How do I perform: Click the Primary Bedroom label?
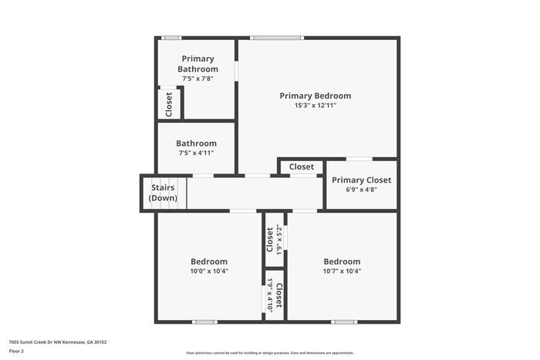click(315, 96)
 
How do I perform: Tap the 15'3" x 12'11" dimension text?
click(315, 106)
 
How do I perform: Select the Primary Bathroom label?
click(197, 64)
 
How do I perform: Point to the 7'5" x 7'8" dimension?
click(197, 79)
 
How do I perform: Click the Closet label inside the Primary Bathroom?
click(169, 103)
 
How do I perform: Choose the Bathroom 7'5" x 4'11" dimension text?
click(195, 153)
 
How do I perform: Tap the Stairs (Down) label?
click(164, 193)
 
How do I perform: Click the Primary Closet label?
click(361, 180)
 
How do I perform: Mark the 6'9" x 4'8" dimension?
click(361, 190)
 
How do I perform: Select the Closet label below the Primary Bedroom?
click(301, 167)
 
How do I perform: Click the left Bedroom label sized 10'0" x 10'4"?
click(209, 261)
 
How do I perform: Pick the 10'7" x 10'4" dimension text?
click(342, 271)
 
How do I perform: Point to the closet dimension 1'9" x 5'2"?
click(279, 238)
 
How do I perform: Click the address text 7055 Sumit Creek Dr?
click(58, 341)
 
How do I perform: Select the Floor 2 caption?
click(16, 351)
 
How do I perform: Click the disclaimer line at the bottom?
click(270, 352)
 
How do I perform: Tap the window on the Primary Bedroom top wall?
click(277, 37)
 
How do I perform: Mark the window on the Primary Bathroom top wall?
click(171, 37)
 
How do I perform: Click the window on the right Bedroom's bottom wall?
click(343, 321)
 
